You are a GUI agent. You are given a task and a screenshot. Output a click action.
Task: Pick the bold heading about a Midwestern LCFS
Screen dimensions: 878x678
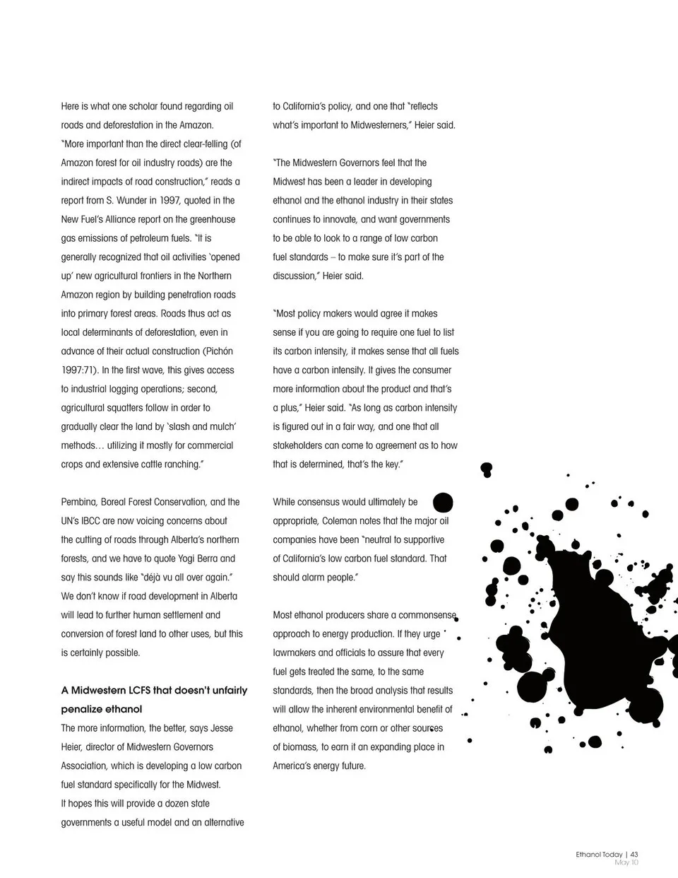pos(154,700)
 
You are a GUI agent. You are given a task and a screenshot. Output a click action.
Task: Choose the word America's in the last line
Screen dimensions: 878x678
pos(292,766)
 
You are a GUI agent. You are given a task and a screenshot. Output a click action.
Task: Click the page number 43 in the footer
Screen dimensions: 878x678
pos(634,854)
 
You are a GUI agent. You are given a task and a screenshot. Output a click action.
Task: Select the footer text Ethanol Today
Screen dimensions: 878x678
pos(599,854)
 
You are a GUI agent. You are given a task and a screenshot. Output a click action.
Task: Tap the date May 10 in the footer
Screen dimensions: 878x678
pos(626,862)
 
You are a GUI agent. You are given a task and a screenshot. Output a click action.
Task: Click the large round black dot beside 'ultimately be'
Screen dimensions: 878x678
pos(443,503)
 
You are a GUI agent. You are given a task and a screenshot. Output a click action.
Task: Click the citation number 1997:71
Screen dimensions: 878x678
pos(78,370)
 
